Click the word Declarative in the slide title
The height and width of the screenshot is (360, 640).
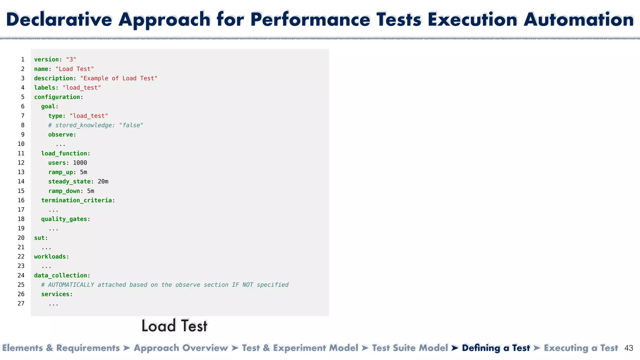point(59,19)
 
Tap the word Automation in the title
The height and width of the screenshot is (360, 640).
point(578,19)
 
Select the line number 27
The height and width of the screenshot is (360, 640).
point(21,303)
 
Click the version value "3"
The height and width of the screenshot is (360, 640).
point(71,59)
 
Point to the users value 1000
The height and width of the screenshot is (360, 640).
point(80,163)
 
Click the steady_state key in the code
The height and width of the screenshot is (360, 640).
point(69,182)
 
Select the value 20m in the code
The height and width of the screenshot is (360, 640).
point(103,182)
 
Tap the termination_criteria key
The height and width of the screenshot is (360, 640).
point(76,200)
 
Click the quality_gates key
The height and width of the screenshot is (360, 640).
point(64,219)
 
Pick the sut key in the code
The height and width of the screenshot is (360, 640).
point(39,238)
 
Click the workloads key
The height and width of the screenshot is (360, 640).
point(50,257)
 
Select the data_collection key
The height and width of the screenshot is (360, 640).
point(61,275)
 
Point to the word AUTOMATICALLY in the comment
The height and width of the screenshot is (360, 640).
point(71,285)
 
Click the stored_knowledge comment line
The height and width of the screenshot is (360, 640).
point(96,125)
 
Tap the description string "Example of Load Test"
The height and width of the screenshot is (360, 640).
point(119,78)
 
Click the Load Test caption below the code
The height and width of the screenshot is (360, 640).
point(174,326)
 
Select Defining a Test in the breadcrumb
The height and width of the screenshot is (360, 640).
point(496,348)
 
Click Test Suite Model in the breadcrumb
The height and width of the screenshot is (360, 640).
point(410,348)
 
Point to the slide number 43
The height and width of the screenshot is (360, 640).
point(628,348)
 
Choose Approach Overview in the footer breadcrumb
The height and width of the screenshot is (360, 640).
point(181,348)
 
